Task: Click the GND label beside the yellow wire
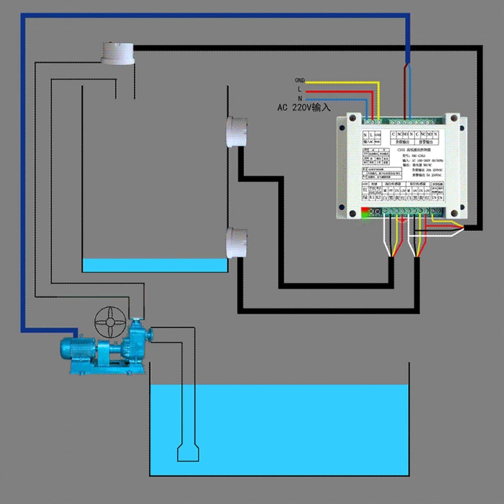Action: (299, 80)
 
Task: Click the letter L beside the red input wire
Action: (300, 89)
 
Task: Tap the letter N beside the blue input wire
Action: (300, 98)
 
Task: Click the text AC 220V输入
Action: (304, 108)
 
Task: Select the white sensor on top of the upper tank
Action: (118, 53)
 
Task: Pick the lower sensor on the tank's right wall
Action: (237, 243)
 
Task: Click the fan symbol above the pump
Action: (110, 322)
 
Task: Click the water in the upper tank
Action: (155, 265)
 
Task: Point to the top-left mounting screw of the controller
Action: (353, 118)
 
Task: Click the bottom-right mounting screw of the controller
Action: (454, 213)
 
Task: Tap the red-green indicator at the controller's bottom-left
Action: (366, 212)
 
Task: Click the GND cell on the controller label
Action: (377, 135)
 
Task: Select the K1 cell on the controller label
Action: (372, 198)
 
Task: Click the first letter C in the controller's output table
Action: (393, 134)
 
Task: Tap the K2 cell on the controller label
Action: (378, 198)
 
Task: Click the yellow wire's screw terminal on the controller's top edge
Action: (379, 121)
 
